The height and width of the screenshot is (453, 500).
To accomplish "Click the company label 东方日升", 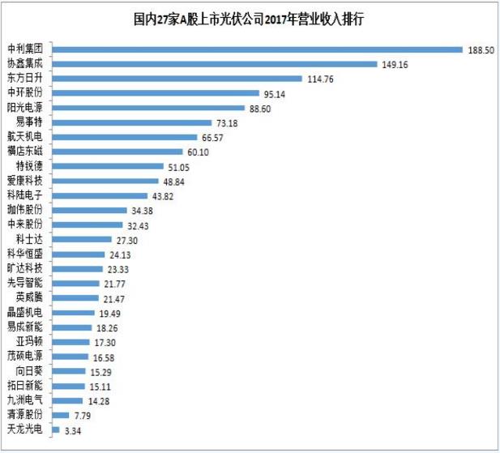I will point(25,79).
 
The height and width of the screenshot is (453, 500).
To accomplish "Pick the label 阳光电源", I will point(25,108).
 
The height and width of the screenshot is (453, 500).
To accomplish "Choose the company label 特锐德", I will point(31,166).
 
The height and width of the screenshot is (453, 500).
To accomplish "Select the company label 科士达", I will point(31,239).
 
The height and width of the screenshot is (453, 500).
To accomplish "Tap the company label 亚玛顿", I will point(31,341).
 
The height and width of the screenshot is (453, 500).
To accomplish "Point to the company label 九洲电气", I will point(25,400).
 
